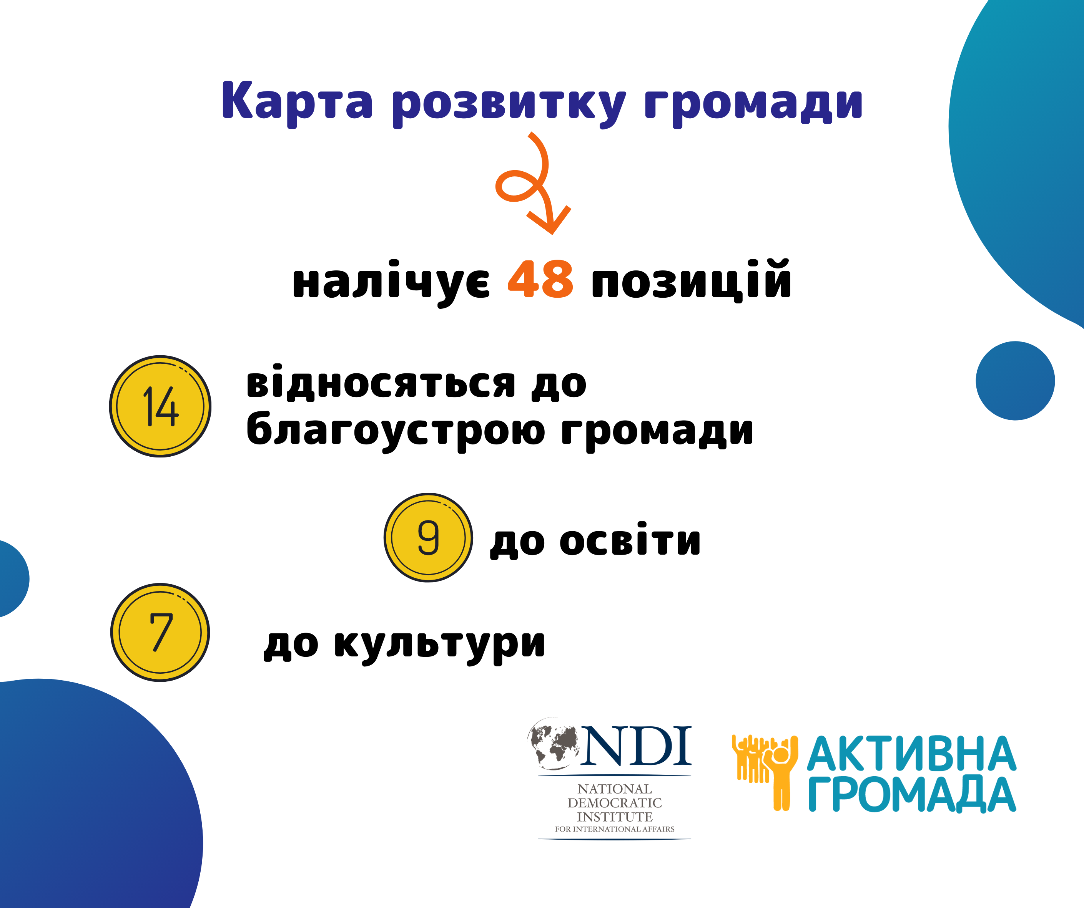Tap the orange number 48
(540, 279)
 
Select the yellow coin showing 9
(429, 538)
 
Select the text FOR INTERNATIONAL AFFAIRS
(614, 829)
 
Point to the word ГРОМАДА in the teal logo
(911, 795)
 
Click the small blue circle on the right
(1015, 381)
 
